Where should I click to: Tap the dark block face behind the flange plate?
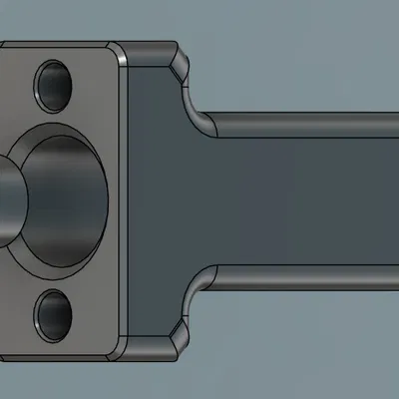click(155, 199)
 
